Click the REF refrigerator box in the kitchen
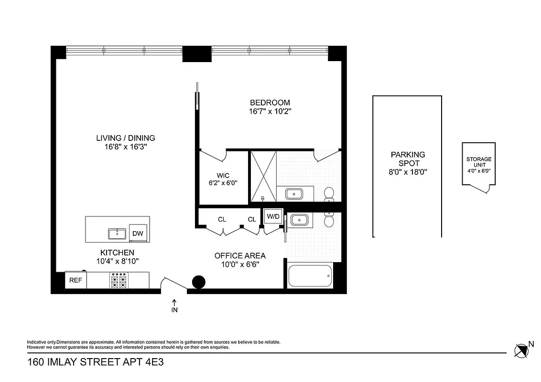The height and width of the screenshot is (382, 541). (76, 280)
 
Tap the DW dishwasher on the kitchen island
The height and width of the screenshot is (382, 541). (138, 233)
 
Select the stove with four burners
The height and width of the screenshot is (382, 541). (119, 281)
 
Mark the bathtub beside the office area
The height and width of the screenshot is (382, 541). (310, 276)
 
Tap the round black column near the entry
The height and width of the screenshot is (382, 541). (198, 283)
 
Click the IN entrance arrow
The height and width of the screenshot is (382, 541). (174, 306)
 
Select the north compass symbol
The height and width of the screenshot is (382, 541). (522, 350)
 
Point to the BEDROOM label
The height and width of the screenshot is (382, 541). (270, 103)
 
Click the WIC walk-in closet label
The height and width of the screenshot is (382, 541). (223, 176)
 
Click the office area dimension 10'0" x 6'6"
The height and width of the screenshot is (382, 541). (240, 265)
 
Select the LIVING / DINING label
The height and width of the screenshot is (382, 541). (126, 138)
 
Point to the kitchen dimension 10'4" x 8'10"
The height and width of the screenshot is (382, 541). (117, 261)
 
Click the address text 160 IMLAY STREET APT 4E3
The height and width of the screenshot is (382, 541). (96, 362)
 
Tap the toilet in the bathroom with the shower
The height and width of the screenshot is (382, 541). (329, 194)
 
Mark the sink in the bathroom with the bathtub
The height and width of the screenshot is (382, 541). (299, 220)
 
